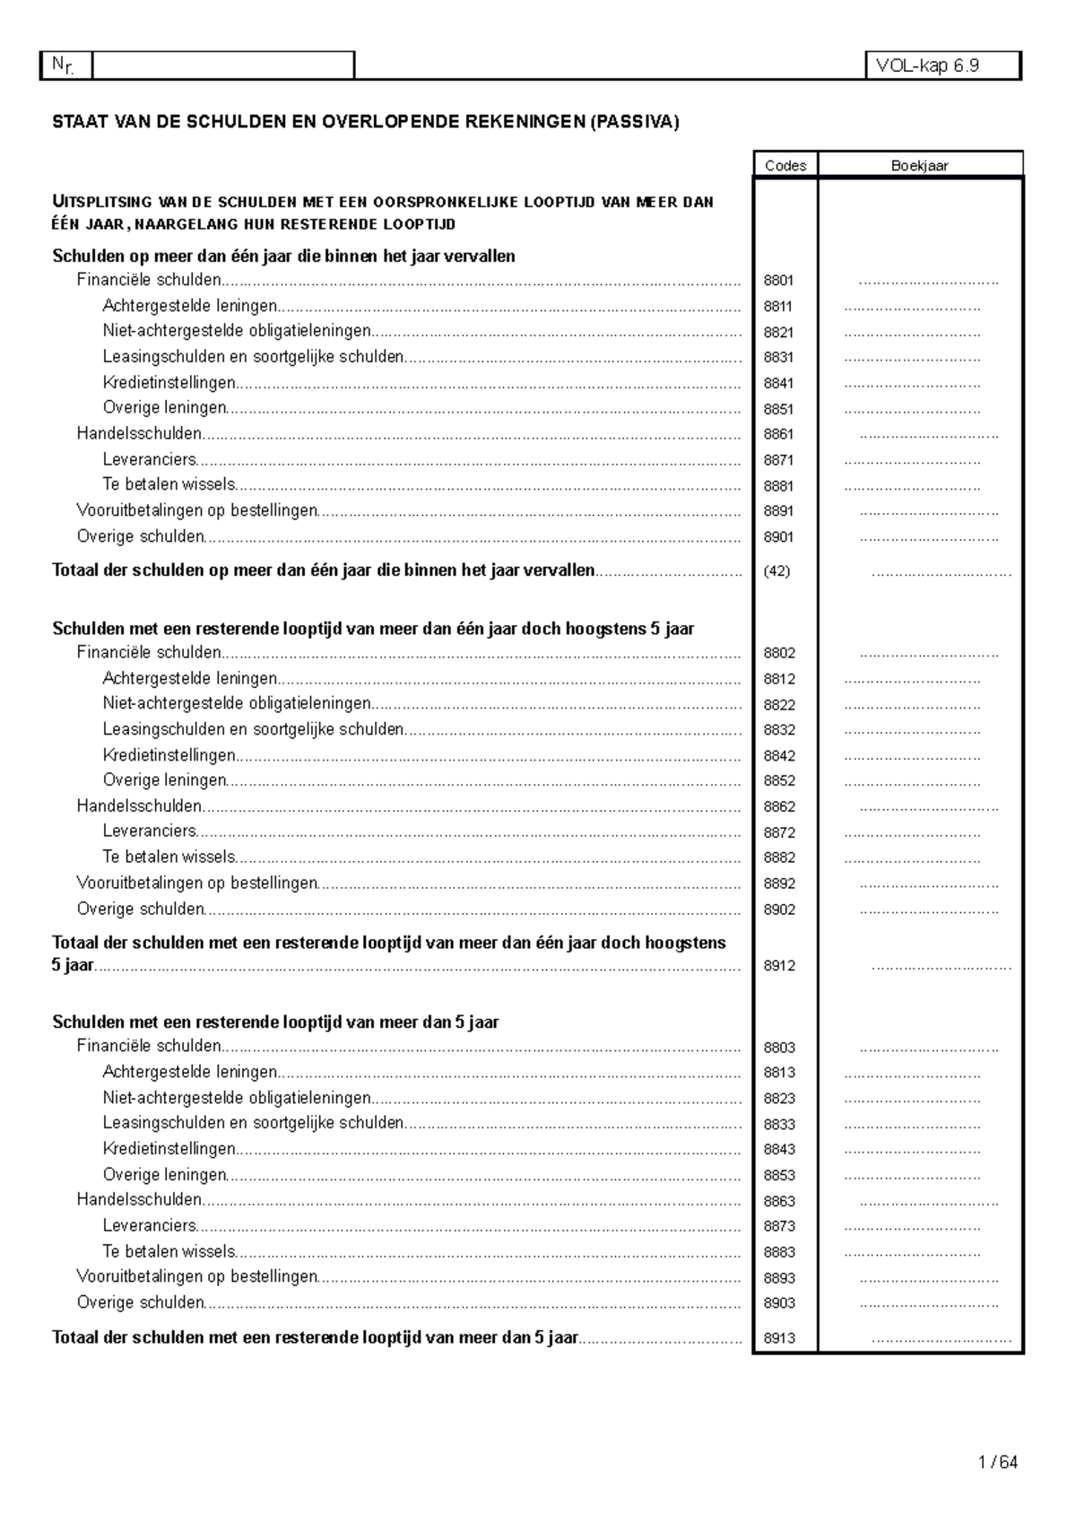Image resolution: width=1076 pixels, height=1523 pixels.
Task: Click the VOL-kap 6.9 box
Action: point(942,65)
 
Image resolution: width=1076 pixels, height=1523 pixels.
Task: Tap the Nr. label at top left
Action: point(63,65)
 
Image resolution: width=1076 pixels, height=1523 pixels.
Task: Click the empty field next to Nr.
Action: point(223,65)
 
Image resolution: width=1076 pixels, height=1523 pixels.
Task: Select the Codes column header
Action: point(785,165)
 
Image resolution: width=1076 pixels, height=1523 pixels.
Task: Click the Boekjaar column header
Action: point(920,165)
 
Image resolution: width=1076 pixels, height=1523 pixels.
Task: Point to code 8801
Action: point(778,281)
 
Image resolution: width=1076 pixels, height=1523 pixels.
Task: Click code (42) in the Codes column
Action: point(777,571)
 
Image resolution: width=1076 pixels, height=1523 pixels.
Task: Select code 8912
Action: point(779,966)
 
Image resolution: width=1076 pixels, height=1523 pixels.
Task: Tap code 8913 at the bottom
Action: point(779,1338)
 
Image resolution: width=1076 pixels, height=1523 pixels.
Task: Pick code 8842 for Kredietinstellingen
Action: point(779,756)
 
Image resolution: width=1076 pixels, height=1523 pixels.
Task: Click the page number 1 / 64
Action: point(999,1463)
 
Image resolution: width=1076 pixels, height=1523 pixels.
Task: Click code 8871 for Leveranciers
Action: point(778,460)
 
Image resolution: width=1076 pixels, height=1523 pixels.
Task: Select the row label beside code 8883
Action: point(169,1251)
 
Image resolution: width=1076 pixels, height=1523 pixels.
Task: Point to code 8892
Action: point(779,883)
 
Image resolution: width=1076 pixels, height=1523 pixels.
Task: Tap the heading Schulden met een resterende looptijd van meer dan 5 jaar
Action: point(275,1022)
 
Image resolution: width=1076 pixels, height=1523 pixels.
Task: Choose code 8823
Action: point(779,1099)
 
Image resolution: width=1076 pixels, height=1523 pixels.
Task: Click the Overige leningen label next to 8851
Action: point(165,408)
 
